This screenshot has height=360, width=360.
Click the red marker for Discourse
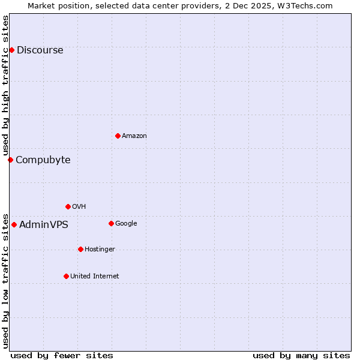point(11,50)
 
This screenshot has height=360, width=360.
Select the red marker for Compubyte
point(10,160)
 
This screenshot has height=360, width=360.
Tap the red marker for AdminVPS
point(14,225)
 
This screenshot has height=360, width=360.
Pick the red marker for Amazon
point(118,136)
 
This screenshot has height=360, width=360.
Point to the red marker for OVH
point(68,206)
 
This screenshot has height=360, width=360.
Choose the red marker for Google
point(111,223)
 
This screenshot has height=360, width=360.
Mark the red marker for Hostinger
point(80,249)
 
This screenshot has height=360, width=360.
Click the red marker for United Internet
point(66,276)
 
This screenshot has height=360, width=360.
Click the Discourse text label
point(40,50)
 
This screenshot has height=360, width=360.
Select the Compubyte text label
point(43,160)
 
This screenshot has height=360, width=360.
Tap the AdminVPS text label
point(43,225)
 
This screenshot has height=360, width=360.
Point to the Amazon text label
point(134,136)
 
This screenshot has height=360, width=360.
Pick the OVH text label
point(79,207)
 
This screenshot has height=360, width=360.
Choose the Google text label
point(126,224)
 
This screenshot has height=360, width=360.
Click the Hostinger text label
point(100,250)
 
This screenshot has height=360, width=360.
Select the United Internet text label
point(94,277)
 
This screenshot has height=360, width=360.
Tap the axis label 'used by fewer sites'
point(62,355)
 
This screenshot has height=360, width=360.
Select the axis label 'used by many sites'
point(301,355)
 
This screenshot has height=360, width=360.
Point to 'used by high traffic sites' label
point(5,86)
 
